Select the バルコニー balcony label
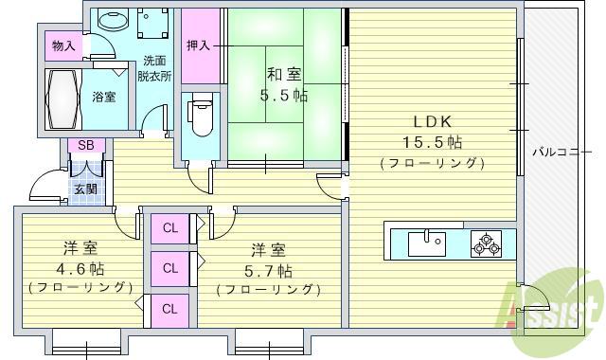click(x=561, y=152)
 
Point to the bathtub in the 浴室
click(x=64, y=96)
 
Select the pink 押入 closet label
click(x=199, y=45)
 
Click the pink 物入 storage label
click(x=63, y=45)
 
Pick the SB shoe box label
click(x=85, y=145)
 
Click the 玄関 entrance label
click(x=85, y=189)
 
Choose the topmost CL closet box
click(x=170, y=227)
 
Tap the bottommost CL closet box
click(x=170, y=308)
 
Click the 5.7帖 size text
click(x=269, y=270)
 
